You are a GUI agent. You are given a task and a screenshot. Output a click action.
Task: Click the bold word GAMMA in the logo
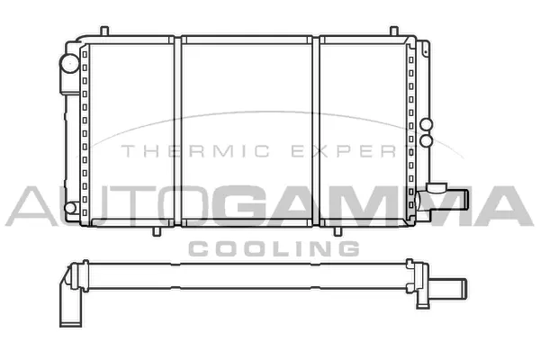(360, 205)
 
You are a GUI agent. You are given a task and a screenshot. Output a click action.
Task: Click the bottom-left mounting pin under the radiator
(158, 230)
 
